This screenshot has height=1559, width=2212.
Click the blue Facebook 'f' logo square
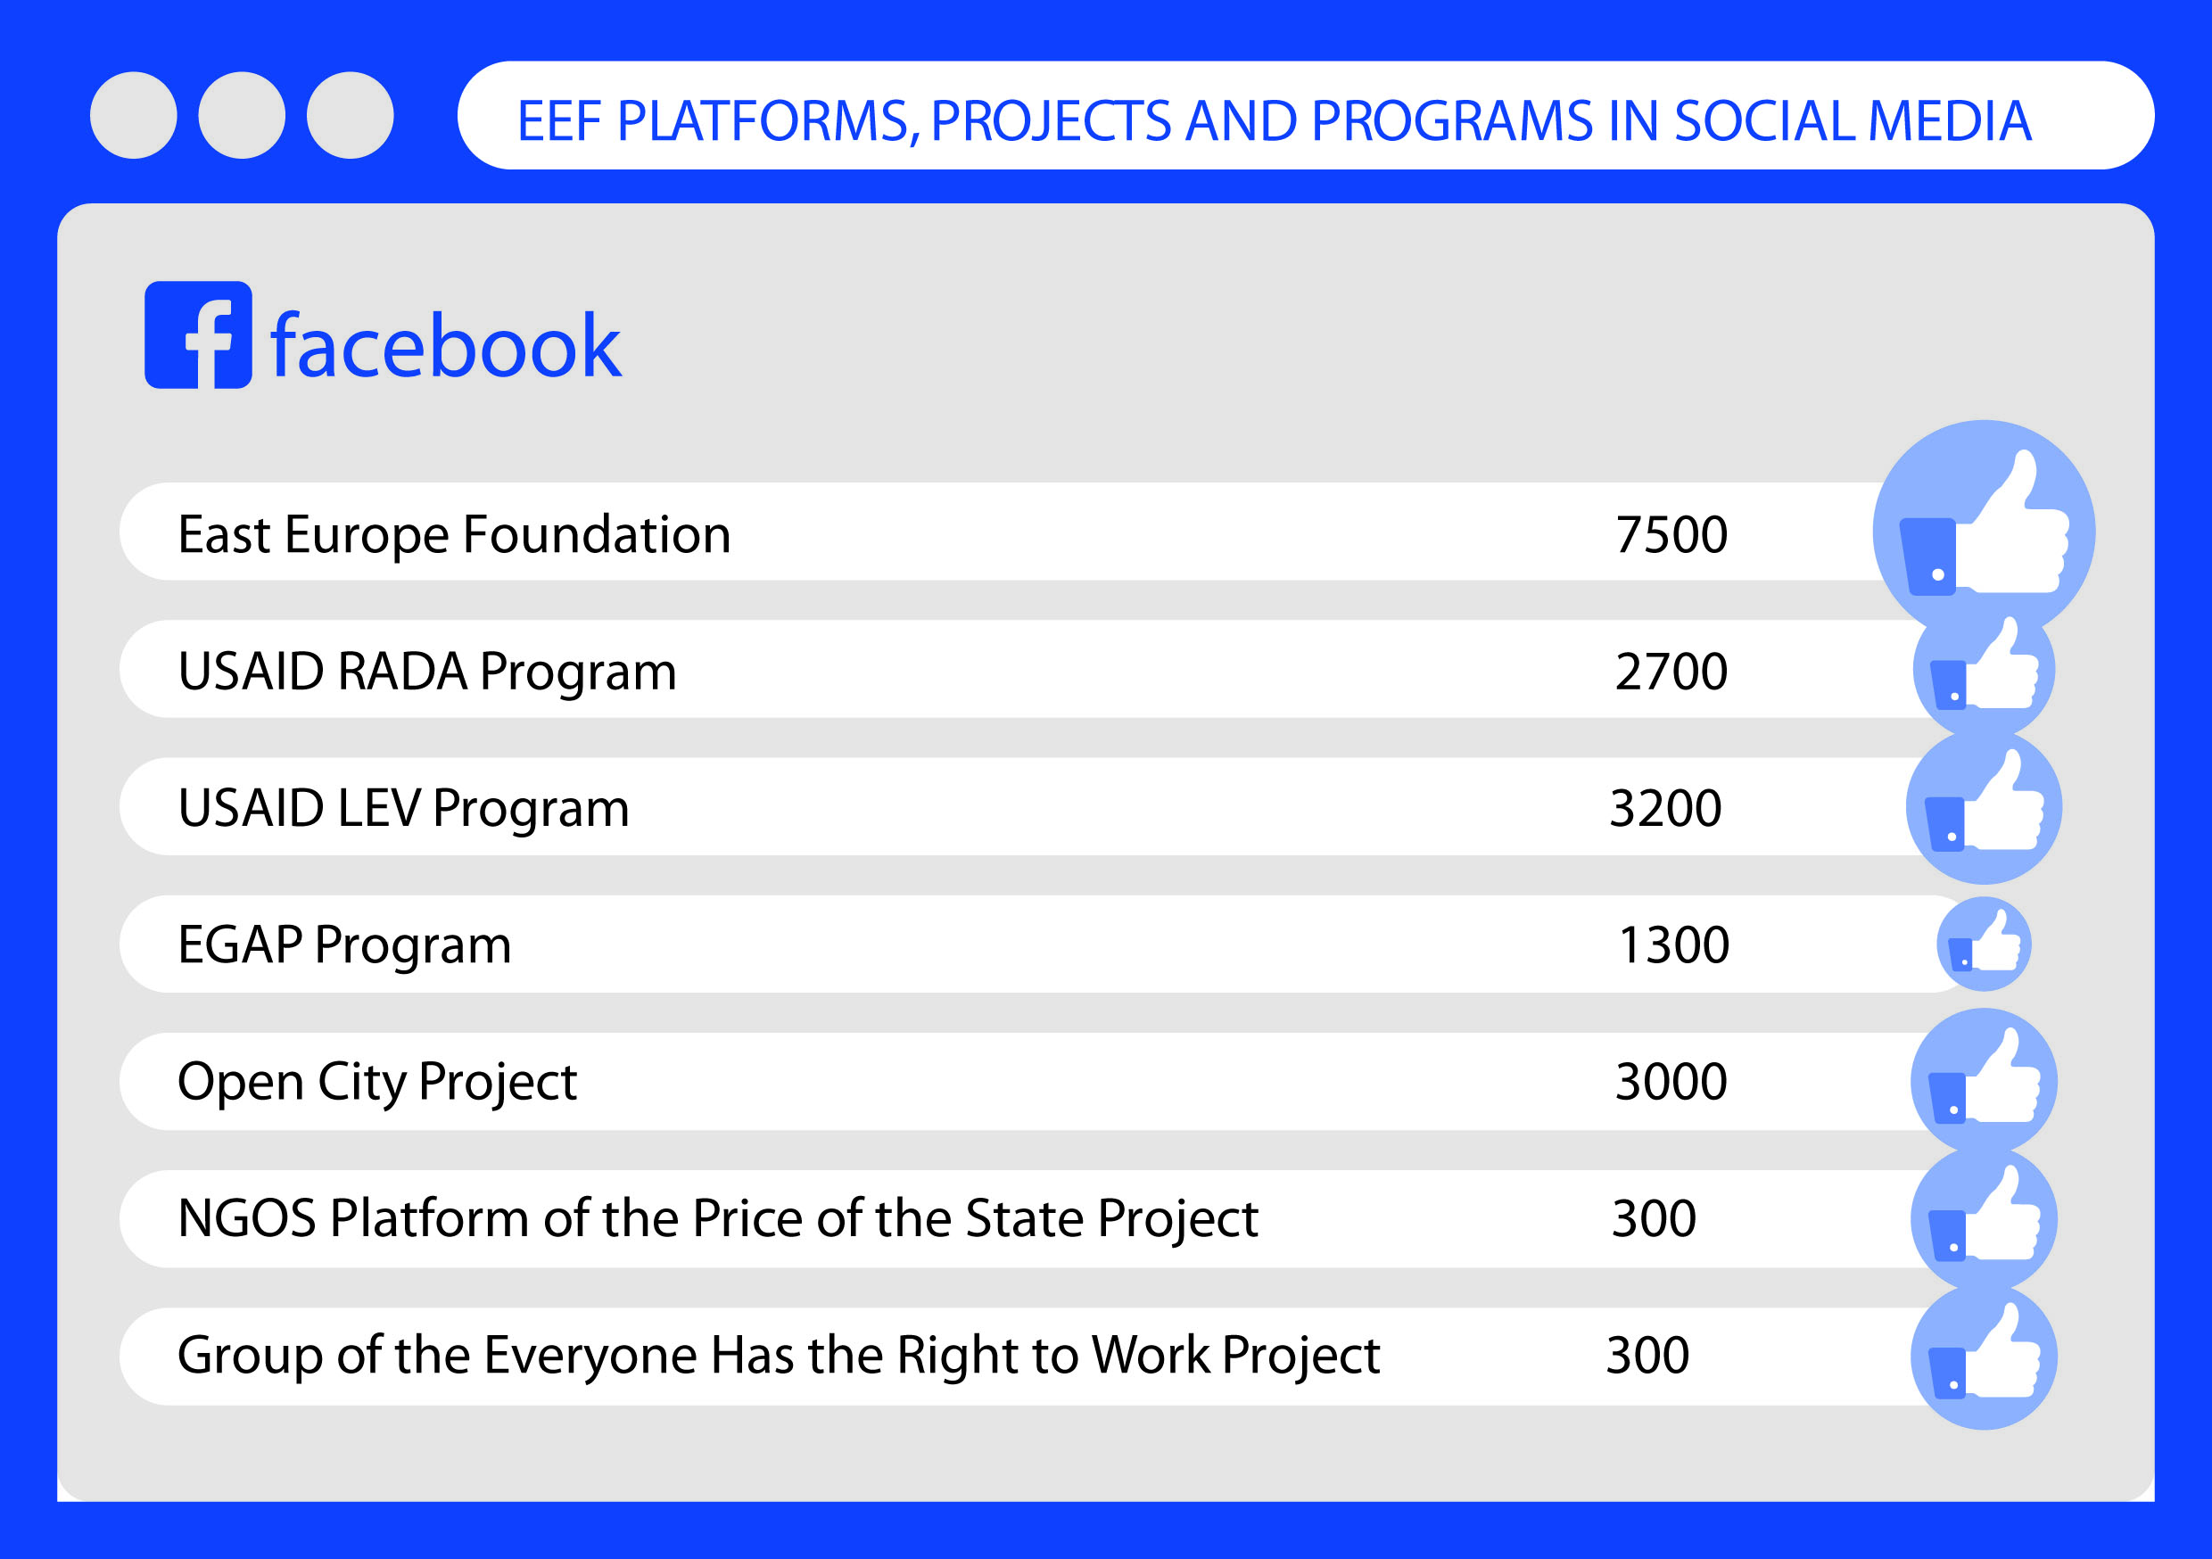[x=199, y=335]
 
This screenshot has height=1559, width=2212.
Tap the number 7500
[x=1671, y=535]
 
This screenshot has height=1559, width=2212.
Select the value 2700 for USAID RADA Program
[x=1671, y=672]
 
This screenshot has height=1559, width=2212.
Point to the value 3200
[x=1666, y=808]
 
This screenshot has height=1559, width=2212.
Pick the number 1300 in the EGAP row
[x=1673, y=945]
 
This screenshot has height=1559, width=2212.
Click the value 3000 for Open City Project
[x=1671, y=1082]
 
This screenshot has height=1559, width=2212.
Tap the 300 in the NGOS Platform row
[x=1655, y=1219]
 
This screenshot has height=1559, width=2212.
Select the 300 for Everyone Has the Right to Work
[x=1647, y=1356]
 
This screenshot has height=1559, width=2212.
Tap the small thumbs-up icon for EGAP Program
[x=1984, y=944]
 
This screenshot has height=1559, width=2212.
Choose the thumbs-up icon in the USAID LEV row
[x=1984, y=806]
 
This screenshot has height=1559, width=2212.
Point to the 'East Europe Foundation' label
[x=455, y=535]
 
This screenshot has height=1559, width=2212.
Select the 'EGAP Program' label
[x=345, y=946]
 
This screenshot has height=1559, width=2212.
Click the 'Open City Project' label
[x=377, y=1083]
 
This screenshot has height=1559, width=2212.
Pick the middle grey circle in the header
[x=242, y=115]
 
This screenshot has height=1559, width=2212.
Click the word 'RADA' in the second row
[x=401, y=672]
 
